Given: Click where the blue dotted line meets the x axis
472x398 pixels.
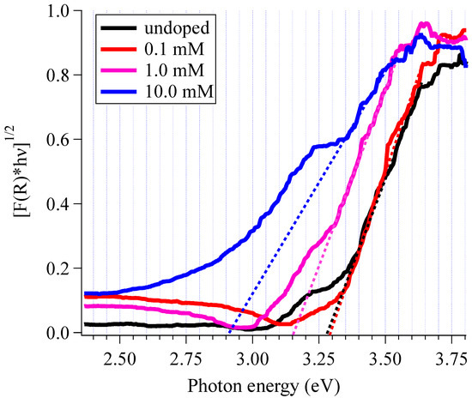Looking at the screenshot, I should point(230,332).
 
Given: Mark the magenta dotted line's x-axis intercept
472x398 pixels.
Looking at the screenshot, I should point(294,332).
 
